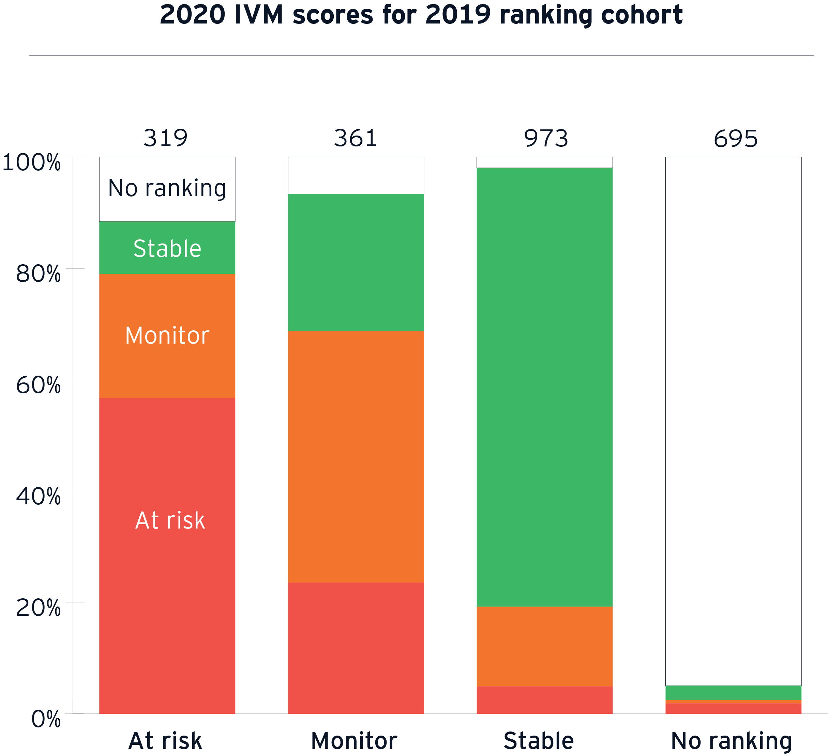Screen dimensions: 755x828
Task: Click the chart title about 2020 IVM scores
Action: [x=421, y=16]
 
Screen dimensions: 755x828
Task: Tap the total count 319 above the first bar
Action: [x=166, y=138]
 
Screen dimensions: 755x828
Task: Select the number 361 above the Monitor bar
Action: [x=355, y=138]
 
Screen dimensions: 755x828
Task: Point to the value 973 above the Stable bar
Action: [x=546, y=138]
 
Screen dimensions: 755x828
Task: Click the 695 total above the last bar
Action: [x=735, y=139]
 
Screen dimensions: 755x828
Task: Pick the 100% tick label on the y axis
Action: [x=32, y=162]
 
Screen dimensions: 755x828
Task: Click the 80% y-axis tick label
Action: [x=38, y=274]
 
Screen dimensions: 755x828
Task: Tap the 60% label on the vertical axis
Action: [x=38, y=385]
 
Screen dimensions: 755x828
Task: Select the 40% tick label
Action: [x=38, y=496]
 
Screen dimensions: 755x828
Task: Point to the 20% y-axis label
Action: [x=38, y=607]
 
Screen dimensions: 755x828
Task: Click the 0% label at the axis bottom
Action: [x=46, y=719]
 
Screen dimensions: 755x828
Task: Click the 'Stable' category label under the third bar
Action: [x=539, y=741]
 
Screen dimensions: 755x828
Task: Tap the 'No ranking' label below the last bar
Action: [x=732, y=741]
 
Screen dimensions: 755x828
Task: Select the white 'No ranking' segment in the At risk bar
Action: [x=167, y=189]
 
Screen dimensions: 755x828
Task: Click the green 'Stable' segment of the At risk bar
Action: [x=167, y=248]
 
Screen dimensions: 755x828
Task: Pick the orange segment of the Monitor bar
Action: [x=356, y=456]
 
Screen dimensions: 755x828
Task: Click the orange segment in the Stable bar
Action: [x=545, y=646]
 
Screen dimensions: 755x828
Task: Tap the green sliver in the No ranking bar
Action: [x=734, y=693]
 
